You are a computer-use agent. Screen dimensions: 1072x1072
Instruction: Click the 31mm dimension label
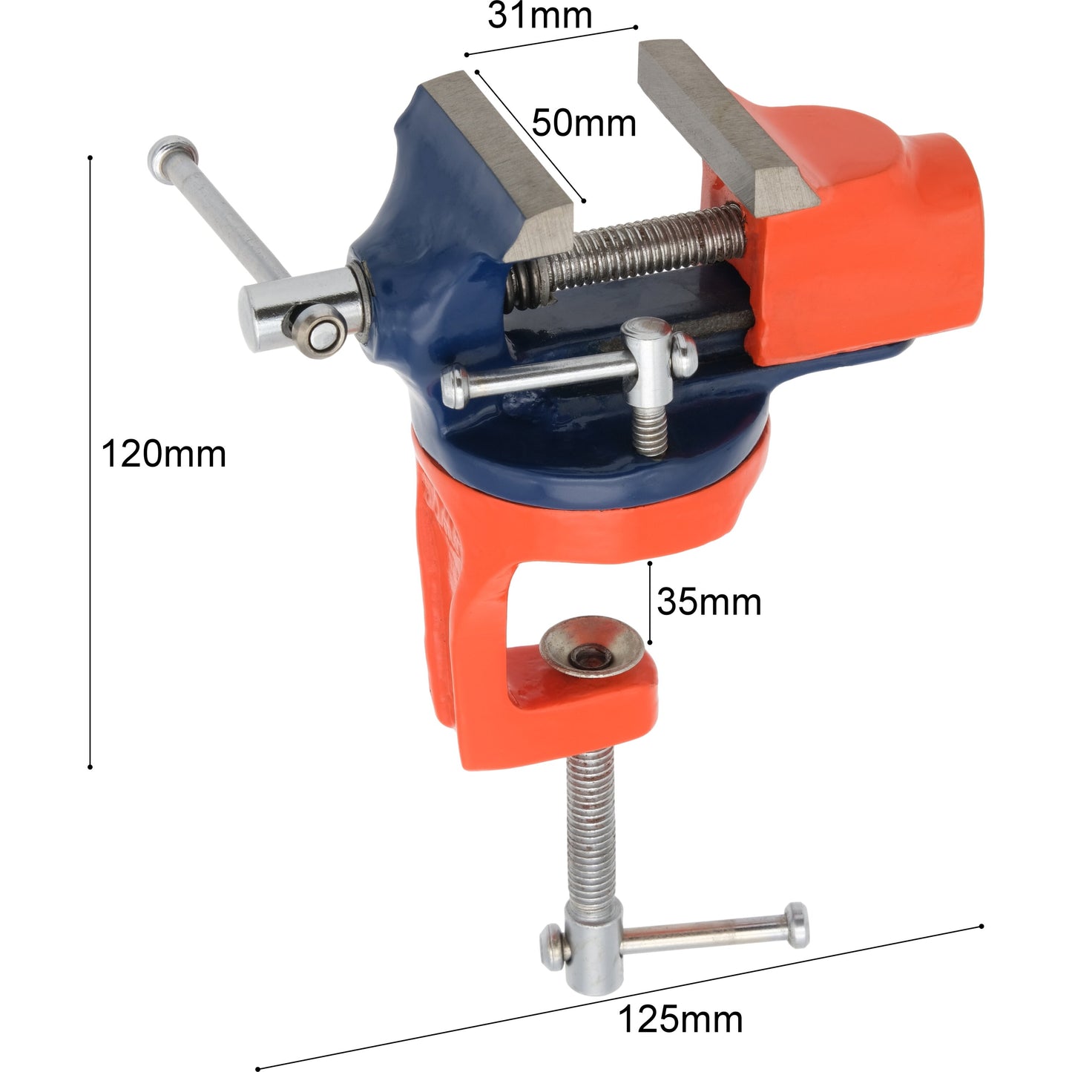(x=539, y=16)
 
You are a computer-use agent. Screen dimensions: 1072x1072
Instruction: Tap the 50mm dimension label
(x=584, y=123)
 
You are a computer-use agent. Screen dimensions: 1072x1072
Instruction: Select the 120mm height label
(x=163, y=453)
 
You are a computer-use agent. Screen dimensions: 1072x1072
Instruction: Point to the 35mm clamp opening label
(x=708, y=602)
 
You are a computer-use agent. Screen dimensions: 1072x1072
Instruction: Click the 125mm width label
(x=680, y=1019)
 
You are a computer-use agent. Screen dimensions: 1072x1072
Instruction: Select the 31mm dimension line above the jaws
(x=550, y=41)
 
